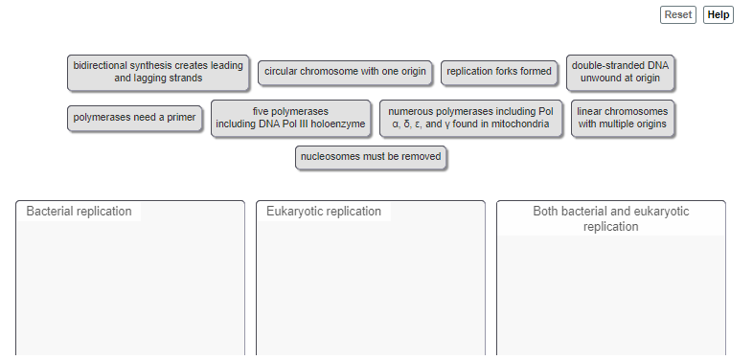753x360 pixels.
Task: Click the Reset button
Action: [678, 14]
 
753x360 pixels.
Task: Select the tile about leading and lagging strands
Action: [159, 72]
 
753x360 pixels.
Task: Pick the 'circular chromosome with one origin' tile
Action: [345, 72]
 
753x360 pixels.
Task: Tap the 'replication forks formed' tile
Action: [499, 72]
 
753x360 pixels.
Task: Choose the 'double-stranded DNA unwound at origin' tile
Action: [621, 72]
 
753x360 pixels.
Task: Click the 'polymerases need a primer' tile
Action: [135, 118]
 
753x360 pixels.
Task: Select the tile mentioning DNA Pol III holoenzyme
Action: [291, 118]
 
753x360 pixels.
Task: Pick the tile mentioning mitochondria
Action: [470, 118]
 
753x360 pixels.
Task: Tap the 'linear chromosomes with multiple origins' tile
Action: [623, 118]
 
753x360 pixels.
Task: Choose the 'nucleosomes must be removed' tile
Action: [371, 156]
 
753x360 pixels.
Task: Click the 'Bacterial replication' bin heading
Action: [80, 212]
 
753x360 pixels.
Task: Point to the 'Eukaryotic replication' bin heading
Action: [324, 212]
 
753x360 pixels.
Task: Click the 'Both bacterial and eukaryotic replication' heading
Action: [610, 219]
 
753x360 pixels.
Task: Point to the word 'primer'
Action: [180, 118]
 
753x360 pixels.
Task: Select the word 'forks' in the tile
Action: [513, 72]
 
